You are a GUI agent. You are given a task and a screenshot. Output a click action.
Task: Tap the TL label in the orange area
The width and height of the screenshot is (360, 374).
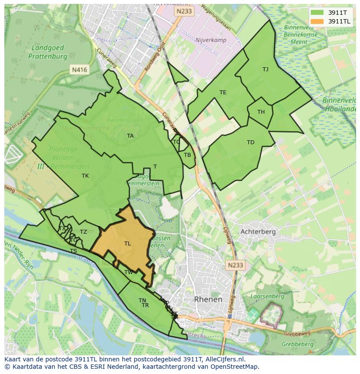pyautogui.click(x=127, y=244)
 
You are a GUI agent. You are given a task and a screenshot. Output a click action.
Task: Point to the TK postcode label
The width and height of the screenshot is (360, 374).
pyautogui.click(x=85, y=176)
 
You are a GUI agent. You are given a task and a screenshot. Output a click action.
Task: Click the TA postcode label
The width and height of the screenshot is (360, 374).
pyautogui.click(x=130, y=136)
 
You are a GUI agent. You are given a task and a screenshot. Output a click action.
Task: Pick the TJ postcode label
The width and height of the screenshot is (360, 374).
pyautogui.click(x=265, y=69)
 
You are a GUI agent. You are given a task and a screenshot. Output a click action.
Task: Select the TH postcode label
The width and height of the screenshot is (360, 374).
pyautogui.click(x=261, y=112)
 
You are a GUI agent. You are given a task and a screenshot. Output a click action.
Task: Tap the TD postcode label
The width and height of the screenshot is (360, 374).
pyautogui.click(x=250, y=142)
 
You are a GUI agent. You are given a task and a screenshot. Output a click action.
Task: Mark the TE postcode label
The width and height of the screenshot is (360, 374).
pyautogui.click(x=223, y=93)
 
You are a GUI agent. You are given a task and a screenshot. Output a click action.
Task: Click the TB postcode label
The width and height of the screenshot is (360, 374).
pyautogui.click(x=187, y=155)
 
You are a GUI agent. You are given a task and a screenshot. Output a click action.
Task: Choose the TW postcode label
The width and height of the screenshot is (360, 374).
pyautogui.click(x=129, y=272)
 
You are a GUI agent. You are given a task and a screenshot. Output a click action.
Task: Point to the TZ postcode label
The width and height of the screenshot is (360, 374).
pyautogui.click(x=83, y=232)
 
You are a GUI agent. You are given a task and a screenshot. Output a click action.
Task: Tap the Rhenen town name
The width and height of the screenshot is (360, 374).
pyautogui.click(x=208, y=299)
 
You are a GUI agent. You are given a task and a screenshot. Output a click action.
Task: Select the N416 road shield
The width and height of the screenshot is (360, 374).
pyautogui.click(x=79, y=69)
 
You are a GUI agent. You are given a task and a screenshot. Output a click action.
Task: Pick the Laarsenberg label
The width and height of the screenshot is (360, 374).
pyautogui.click(x=268, y=297)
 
